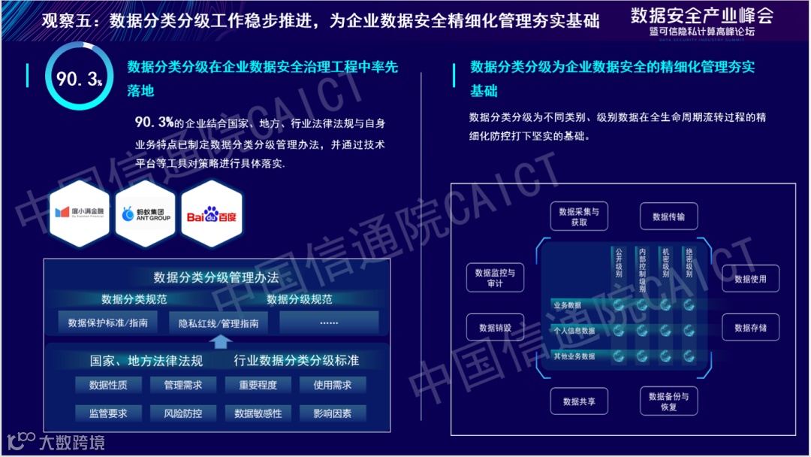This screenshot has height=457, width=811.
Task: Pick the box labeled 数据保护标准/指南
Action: point(108,323)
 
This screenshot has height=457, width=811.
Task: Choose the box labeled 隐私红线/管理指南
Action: point(219,323)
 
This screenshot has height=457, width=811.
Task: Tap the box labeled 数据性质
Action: point(108,386)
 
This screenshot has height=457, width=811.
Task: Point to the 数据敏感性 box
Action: point(258,413)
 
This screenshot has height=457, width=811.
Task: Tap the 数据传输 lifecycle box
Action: point(668,216)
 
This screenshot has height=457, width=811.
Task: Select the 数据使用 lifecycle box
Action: point(750,279)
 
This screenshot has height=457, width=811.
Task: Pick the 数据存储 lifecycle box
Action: point(750,328)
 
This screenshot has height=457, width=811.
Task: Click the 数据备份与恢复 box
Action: point(668,401)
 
